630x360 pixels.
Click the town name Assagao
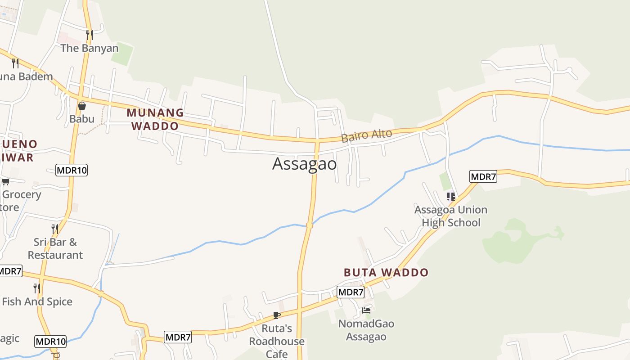[x=304, y=164]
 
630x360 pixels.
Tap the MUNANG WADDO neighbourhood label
[x=155, y=119]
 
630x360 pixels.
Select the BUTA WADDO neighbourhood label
[x=386, y=272]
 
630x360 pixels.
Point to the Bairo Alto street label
[x=366, y=135]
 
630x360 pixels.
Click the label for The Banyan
[x=90, y=48]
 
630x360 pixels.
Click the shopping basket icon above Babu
[x=82, y=106]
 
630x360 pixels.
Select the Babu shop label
[x=82, y=119]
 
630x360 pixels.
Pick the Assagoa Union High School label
[x=450, y=216]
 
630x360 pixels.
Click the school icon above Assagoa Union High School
[x=450, y=196]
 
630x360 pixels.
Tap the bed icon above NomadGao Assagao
[x=366, y=310]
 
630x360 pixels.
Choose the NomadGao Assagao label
[x=366, y=330]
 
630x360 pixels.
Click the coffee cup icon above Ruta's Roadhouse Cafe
[x=277, y=315]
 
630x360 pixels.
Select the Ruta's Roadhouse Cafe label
[x=277, y=341]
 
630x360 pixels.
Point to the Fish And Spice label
[x=37, y=301]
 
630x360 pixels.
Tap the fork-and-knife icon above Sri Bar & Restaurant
[x=55, y=229]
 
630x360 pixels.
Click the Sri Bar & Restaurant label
[x=55, y=248]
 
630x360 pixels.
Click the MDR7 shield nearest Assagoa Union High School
[x=483, y=176]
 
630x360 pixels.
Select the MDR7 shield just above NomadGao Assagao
[x=351, y=292]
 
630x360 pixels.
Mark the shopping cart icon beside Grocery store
[x=5, y=181]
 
